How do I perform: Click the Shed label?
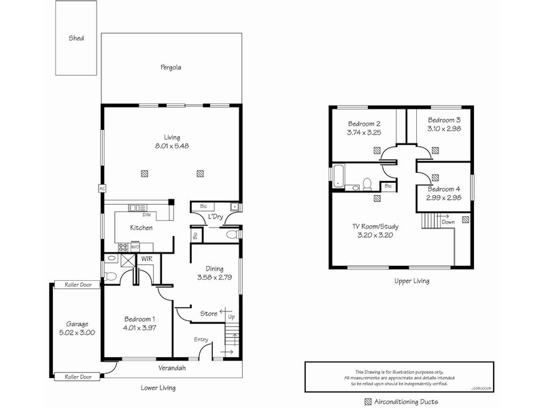click(x=76, y=38)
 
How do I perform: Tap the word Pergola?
click(x=171, y=67)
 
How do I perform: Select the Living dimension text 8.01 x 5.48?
click(x=171, y=146)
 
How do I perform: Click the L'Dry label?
click(x=216, y=217)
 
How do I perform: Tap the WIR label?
click(x=147, y=258)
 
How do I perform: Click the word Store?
click(x=208, y=313)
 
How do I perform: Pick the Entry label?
click(x=201, y=339)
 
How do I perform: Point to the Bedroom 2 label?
click(x=364, y=124)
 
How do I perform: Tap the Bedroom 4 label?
click(x=444, y=188)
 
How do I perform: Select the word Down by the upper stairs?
click(x=448, y=222)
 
